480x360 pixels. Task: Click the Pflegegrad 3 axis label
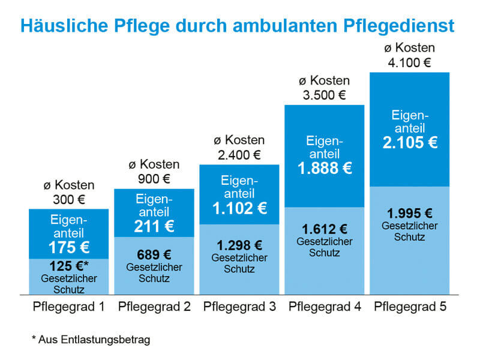pyautogui.click(x=239, y=307)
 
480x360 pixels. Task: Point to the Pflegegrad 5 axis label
pyautogui.click(x=410, y=307)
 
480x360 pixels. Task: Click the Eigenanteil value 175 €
pyautogui.click(x=68, y=248)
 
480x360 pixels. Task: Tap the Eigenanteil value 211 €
pyautogui.click(x=154, y=226)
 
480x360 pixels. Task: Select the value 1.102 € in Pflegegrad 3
pyautogui.click(x=239, y=208)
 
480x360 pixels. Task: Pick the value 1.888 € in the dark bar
pyautogui.click(x=325, y=169)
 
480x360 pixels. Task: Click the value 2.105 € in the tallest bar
pyautogui.click(x=410, y=142)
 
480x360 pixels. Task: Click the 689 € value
pyautogui.click(x=154, y=254)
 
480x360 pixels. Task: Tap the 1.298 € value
pyautogui.click(x=239, y=245)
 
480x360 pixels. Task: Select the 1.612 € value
pyautogui.click(x=325, y=229)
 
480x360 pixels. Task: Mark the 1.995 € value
pyautogui.click(x=410, y=213)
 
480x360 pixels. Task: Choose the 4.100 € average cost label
pyautogui.click(x=410, y=62)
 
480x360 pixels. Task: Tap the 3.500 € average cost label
pyautogui.click(x=325, y=94)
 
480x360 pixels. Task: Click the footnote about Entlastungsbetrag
pyautogui.click(x=91, y=340)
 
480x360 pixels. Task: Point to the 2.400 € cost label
pyautogui.click(x=239, y=154)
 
